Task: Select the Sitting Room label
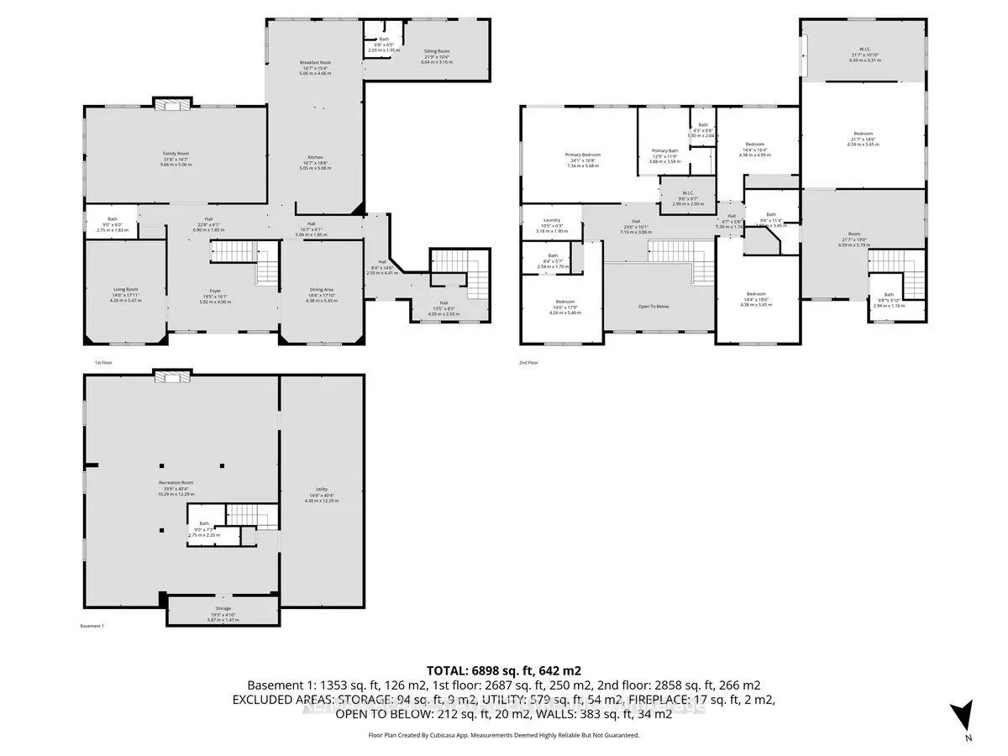(437, 51)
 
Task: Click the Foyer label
(216, 291)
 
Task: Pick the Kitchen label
(315, 158)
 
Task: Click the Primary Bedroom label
(582, 155)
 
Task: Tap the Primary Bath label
(664, 151)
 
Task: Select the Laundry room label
(552, 220)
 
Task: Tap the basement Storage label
(223, 608)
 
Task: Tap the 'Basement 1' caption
(92, 627)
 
